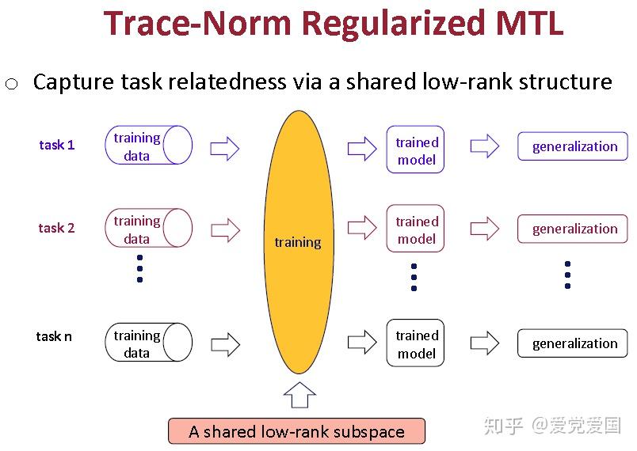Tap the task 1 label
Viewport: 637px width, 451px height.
(x=57, y=145)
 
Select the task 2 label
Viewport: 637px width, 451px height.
(x=57, y=228)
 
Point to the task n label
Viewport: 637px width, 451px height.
(x=54, y=336)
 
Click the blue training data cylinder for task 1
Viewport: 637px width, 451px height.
(x=148, y=146)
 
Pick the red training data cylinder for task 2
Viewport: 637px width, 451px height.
(x=148, y=229)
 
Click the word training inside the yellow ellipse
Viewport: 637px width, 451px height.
(x=298, y=242)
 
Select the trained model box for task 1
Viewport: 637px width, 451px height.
(x=416, y=150)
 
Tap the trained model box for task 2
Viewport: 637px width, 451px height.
(x=416, y=229)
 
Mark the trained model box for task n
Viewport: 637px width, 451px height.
(x=416, y=343)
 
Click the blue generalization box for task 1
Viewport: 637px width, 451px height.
(x=573, y=146)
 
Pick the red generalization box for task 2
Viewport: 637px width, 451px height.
(x=573, y=229)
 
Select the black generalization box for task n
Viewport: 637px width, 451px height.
(x=573, y=343)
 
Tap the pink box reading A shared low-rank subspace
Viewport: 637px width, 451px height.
(x=296, y=431)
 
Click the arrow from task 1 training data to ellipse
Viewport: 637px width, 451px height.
(x=226, y=146)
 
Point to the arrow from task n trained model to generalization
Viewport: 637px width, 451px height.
(x=484, y=343)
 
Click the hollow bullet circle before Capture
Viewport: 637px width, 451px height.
(x=11, y=85)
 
